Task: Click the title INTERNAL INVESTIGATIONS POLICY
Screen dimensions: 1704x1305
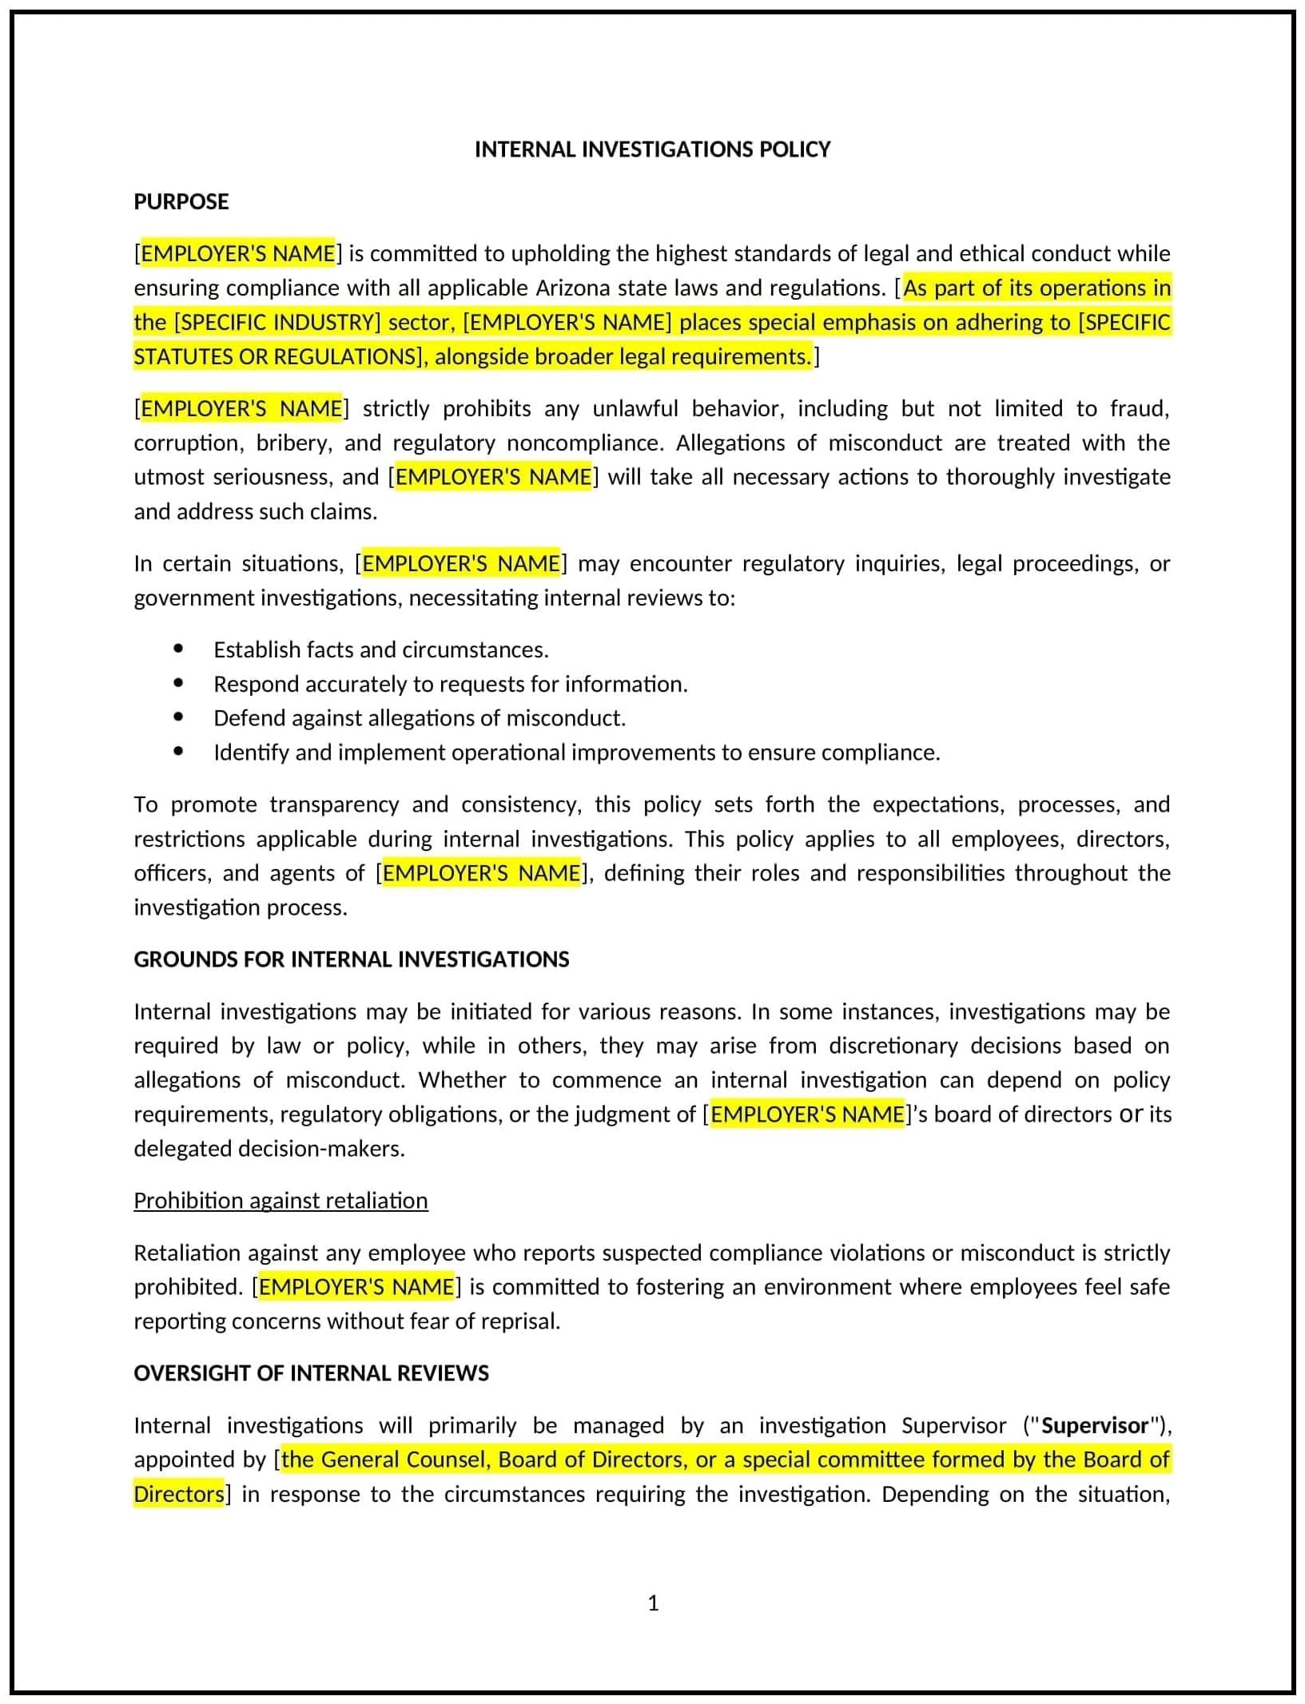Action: pyautogui.click(x=652, y=149)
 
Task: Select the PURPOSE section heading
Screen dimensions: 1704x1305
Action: pyautogui.click(x=181, y=201)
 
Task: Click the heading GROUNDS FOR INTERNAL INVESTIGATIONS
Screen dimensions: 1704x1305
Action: pyautogui.click(x=351, y=959)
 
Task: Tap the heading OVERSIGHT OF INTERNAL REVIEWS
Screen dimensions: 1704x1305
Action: pyautogui.click(x=311, y=1373)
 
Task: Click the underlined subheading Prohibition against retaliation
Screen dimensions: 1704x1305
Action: pyautogui.click(x=280, y=1201)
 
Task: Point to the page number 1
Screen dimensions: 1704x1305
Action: pyautogui.click(x=653, y=1603)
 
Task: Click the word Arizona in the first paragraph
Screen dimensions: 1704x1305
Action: pyautogui.click(x=574, y=288)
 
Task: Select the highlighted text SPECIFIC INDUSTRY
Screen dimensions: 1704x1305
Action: pyautogui.click(x=277, y=322)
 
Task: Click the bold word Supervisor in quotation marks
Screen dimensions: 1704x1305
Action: pyautogui.click(x=1095, y=1426)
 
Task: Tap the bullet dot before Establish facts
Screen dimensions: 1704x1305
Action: pyautogui.click(x=178, y=649)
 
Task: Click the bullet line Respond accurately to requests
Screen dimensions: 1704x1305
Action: pyautogui.click(x=450, y=684)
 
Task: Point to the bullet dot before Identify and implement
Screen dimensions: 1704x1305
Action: pyautogui.click(x=178, y=752)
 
